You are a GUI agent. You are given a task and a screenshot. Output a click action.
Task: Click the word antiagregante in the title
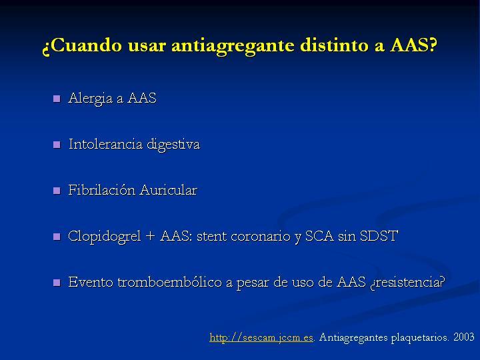click(233, 46)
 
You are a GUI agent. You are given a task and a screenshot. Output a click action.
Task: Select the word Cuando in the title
click(85, 45)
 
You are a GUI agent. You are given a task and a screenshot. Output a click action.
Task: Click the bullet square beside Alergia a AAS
click(57, 99)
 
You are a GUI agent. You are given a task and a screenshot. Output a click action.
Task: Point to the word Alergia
click(91, 99)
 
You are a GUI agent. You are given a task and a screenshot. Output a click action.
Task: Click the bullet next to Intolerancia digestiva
click(57, 145)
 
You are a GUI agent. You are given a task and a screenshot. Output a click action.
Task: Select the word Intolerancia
click(105, 144)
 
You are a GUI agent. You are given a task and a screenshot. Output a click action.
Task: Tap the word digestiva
click(173, 145)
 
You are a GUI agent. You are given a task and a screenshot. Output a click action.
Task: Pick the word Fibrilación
click(101, 190)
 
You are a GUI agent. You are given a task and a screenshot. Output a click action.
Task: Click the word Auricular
click(169, 190)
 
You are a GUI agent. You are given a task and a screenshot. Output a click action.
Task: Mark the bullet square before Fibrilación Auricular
click(57, 191)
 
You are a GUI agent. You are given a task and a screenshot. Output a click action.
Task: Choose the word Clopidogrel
click(105, 237)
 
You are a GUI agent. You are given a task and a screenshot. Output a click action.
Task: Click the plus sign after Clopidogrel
click(150, 237)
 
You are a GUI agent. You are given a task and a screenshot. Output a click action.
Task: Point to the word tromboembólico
click(169, 282)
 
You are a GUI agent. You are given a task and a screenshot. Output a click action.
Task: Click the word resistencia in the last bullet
click(407, 282)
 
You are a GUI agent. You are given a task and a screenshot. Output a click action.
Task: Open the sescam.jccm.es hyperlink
click(261, 337)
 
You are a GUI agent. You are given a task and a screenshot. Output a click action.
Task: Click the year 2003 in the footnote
click(464, 337)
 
